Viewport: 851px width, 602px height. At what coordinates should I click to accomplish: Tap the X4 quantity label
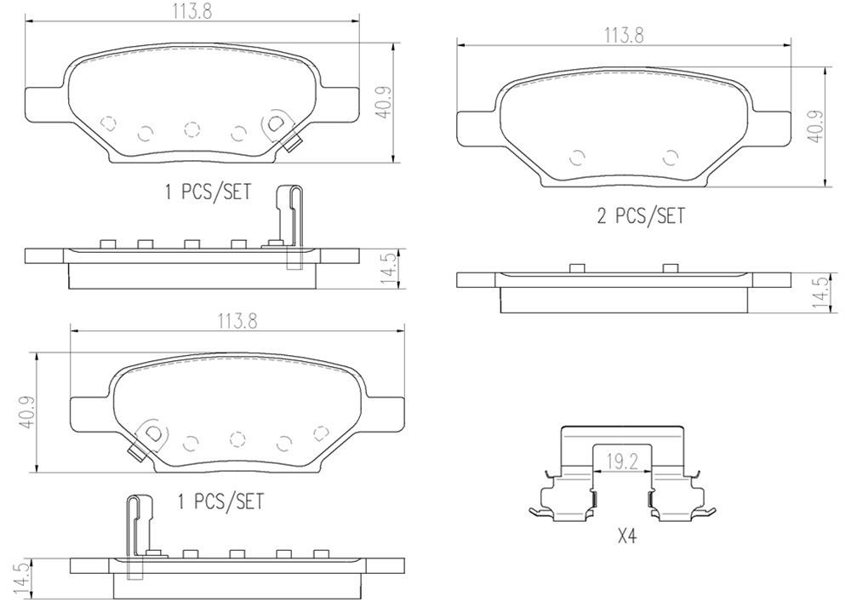[x=626, y=537]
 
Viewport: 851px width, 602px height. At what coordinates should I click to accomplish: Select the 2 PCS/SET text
[x=641, y=216]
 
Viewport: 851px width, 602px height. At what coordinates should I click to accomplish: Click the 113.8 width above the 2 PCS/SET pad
[x=624, y=36]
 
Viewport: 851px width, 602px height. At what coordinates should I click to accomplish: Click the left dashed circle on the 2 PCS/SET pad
[x=577, y=157]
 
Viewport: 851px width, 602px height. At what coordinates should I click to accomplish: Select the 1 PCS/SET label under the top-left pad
[x=208, y=192]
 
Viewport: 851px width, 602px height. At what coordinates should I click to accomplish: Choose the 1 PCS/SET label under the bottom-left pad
[x=220, y=502]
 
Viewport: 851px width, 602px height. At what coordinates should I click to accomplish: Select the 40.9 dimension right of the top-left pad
[x=385, y=102]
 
